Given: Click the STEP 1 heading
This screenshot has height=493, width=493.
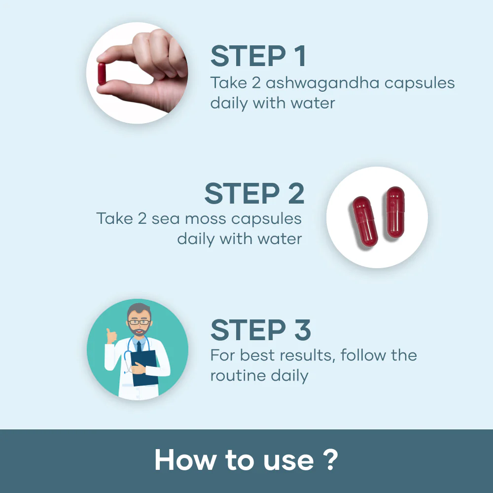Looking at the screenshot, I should [x=258, y=57].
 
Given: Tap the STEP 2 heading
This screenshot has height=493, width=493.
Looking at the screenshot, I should [x=254, y=193].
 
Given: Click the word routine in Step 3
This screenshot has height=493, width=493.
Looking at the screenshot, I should [x=231, y=376].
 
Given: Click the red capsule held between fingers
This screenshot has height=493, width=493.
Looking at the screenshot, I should [x=102, y=73].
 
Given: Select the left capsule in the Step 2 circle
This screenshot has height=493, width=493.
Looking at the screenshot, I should [x=365, y=221].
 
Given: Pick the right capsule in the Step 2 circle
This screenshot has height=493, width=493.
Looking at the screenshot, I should [x=395, y=212].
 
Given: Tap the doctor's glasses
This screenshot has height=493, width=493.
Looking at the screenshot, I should [x=138, y=322].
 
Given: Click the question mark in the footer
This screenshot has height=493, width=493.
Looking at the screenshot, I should [x=332, y=460].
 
